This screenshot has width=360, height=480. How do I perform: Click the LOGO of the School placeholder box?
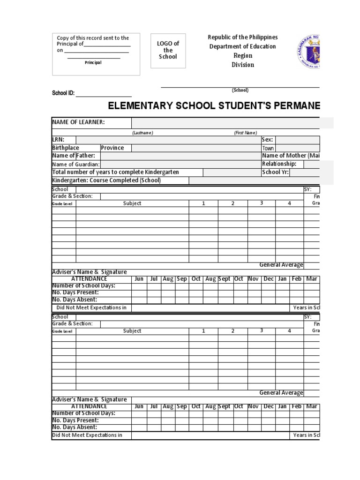coord(168,50)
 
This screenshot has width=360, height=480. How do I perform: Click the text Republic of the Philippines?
coord(243,37)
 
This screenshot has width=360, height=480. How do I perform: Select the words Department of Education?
coord(242,46)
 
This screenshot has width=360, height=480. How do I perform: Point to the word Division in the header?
coord(242,65)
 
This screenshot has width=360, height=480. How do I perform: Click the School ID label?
coord(63,93)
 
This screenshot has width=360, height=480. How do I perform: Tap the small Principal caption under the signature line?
coord(93,62)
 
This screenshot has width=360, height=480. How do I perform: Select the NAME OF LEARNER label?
coord(78,122)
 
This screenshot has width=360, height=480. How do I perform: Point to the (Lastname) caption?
coord(142,133)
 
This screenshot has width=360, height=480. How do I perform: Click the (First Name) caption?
coord(246,133)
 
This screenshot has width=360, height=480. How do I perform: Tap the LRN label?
coord(58,140)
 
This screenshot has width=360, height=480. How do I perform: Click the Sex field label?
coord(268,140)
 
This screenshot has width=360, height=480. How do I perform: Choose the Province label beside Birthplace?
coord(112,148)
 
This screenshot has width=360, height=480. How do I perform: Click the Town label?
coord(268,148)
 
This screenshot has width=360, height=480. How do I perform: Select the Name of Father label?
coord(74,156)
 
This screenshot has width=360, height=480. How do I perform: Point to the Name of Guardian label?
coord(76,164)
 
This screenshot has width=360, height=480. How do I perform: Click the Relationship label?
coord(279,164)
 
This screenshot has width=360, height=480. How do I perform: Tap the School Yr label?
coord(275,172)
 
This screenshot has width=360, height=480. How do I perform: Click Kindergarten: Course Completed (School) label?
coord(106,180)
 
